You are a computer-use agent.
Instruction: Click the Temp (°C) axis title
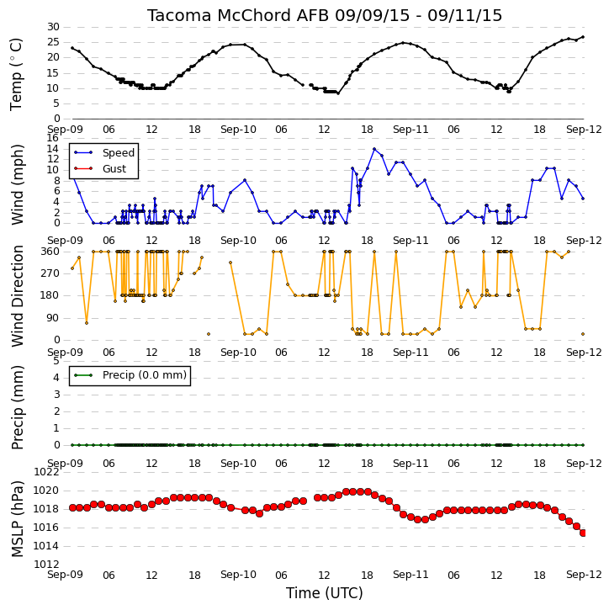point(16,74)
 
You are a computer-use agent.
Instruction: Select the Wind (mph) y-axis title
point(17,185)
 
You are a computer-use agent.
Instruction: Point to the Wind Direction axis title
point(17,296)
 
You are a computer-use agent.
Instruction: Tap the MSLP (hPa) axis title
point(17,519)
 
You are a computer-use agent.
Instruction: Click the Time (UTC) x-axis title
point(325,593)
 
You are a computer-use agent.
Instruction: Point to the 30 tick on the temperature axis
point(53,27)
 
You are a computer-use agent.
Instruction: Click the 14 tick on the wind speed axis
point(52,149)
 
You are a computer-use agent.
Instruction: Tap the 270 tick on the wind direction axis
point(50,273)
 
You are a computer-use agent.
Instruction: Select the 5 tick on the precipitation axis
point(56,361)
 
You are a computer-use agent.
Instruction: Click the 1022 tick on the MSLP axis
point(46,472)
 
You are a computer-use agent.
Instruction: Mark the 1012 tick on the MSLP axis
point(46,565)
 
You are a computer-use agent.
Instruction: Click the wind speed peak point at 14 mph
point(374,149)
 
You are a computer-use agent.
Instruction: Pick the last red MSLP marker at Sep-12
point(583,533)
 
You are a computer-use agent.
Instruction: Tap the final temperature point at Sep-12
point(583,37)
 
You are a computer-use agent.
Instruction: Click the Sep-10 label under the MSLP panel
point(238,575)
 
